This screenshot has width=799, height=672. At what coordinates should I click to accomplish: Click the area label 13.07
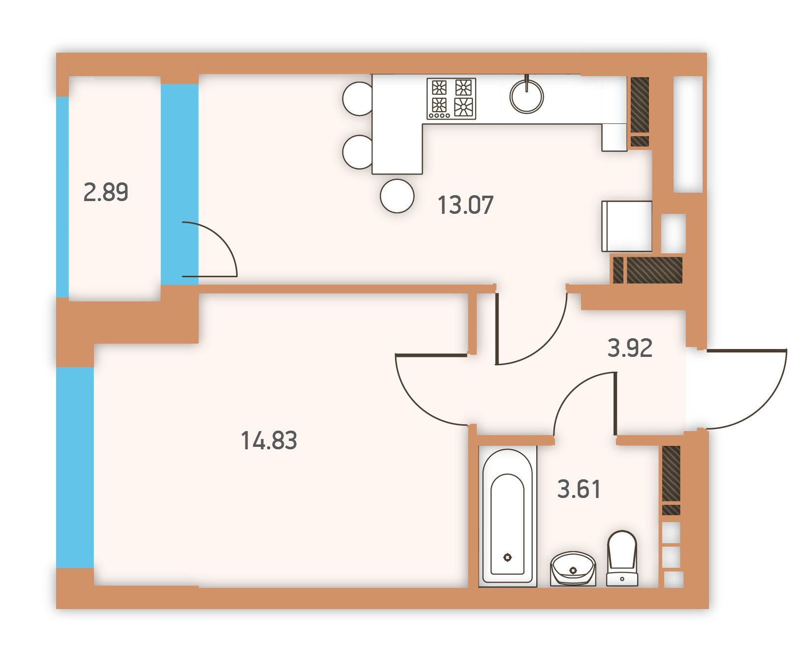(x=465, y=205)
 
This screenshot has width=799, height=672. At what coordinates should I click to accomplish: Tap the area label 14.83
(x=269, y=440)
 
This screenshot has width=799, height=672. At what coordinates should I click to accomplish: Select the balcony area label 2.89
(x=106, y=192)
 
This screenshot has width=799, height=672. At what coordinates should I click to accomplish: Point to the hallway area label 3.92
(x=630, y=348)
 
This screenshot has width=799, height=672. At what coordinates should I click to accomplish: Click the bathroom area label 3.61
(x=579, y=490)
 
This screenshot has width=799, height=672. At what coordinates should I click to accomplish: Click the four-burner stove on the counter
(x=452, y=98)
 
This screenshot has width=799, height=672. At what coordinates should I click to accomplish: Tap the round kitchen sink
(x=527, y=96)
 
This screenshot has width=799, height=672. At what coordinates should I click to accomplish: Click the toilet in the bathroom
(x=622, y=558)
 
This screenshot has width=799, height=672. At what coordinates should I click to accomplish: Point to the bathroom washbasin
(x=573, y=569)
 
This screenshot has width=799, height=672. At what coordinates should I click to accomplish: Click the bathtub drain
(x=508, y=557)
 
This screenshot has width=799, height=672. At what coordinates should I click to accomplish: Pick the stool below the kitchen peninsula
(x=397, y=196)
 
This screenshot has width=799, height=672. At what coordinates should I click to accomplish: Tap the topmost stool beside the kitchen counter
(x=358, y=98)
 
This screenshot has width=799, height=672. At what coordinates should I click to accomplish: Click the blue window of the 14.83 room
(x=75, y=467)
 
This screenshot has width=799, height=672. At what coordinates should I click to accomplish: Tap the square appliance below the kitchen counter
(x=627, y=226)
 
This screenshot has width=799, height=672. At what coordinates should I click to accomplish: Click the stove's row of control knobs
(x=439, y=116)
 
